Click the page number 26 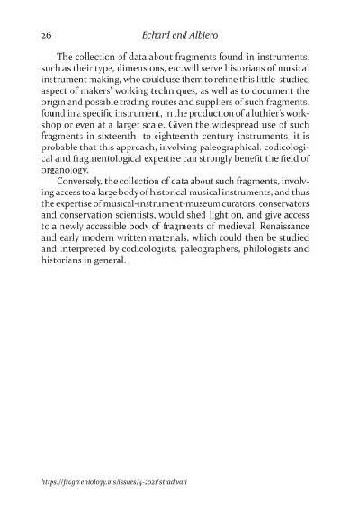coord(48,33)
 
